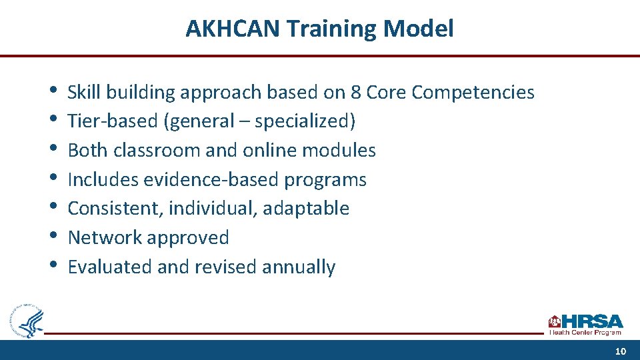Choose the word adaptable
pos(306,209)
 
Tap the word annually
pos(299,267)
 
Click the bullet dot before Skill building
pos(53,91)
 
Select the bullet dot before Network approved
pos(53,236)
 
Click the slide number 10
pos(621,351)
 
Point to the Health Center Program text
pos(585,332)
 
